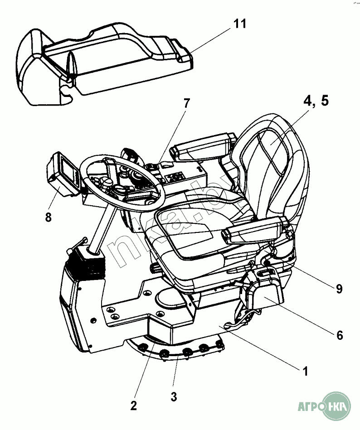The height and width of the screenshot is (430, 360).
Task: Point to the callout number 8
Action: (x=49, y=217)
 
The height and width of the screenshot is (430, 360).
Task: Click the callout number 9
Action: (x=339, y=288)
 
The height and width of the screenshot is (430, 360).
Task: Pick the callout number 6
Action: (x=339, y=335)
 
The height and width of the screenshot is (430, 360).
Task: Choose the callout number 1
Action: (x=306, y=372)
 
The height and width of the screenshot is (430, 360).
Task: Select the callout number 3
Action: (x=174, y=396)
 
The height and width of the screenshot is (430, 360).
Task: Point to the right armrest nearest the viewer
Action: (x=254, y=231)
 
